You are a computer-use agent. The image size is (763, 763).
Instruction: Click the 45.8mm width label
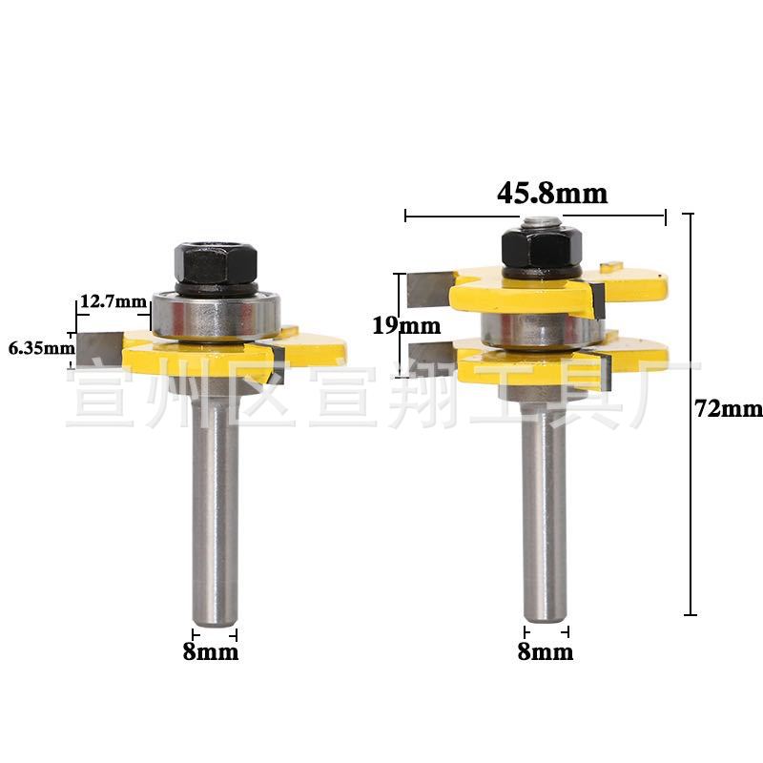(552, 194)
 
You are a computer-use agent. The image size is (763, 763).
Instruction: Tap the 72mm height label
(729, 409)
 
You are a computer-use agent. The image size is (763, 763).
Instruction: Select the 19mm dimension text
(406, 325)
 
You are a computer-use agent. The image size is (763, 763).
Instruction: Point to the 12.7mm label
(113, 301)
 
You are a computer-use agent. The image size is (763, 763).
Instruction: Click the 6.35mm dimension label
(42, 348)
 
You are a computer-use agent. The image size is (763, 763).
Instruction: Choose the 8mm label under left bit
(211, 651)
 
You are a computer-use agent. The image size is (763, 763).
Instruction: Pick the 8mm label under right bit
(546, 651)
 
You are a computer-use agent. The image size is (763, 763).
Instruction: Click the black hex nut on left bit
(216, 264)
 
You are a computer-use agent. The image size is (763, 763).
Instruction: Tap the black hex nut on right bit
(542, 248)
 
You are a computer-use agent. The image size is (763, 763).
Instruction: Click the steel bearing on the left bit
(216, 316)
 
